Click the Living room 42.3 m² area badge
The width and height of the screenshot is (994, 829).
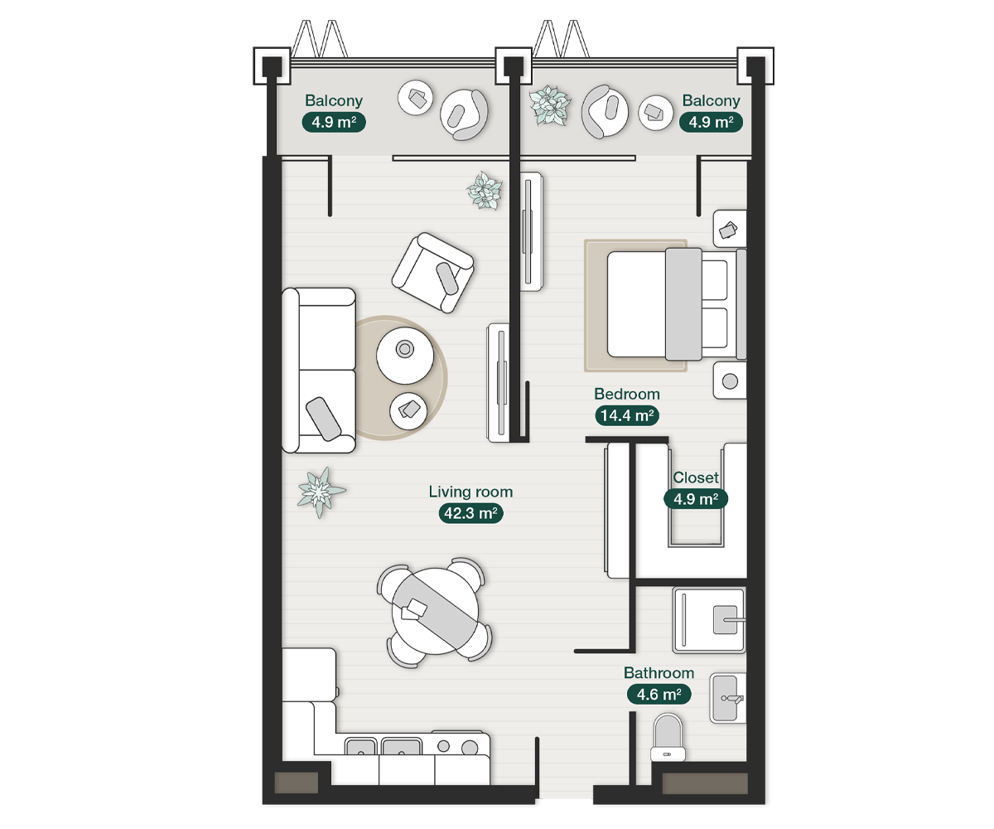click(470, 513)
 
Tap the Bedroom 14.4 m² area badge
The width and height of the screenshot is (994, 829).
click(627, 415)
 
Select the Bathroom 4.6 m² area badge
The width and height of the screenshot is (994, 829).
click(659, 694)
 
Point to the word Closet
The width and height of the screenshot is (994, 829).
click(696, 478)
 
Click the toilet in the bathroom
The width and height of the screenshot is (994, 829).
click(668, 738)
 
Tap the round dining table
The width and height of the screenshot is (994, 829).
click(435, 611)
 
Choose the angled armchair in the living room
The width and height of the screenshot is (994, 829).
click(432, 273)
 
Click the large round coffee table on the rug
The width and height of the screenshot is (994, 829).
click(405, 356)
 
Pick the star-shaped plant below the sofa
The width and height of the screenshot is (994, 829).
click(320, 492)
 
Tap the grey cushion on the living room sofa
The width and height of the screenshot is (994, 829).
click(323, 419)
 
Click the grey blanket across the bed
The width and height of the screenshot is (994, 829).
click(683, 304)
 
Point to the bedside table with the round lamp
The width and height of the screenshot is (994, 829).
click(729, 381)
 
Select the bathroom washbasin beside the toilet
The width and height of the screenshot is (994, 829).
click(727, 698)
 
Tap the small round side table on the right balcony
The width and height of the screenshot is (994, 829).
click(655, 113)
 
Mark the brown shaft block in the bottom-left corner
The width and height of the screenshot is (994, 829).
click(296, 783)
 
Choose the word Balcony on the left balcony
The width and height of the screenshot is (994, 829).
click(334, 100)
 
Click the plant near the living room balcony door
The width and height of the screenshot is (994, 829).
click(485, 191)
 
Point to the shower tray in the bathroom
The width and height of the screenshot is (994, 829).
click(708, 620)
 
